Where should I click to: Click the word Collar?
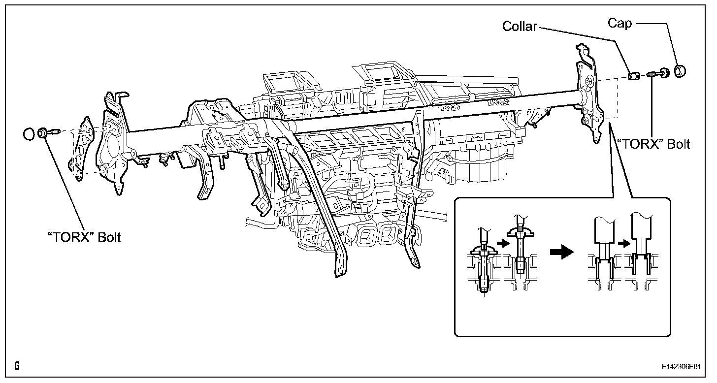[x=520, y=26]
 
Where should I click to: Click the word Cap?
[x=619, y=23]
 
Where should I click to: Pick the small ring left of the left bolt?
[x=29, y=133]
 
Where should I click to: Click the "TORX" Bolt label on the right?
[x=653, y=144]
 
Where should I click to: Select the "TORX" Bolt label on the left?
[x=84, y=237]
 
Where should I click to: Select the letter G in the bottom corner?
[x=17, y=367]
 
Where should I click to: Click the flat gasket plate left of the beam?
[x=83, y=148]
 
